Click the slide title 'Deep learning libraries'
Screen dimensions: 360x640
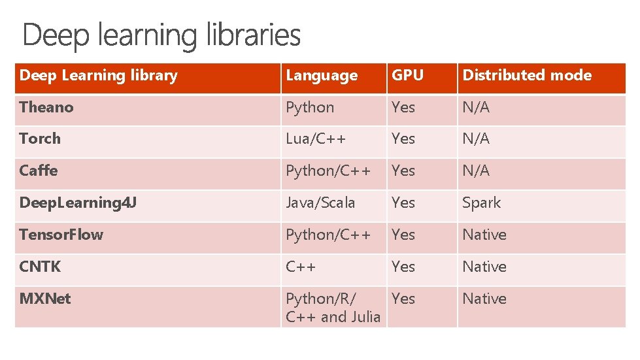click(161, 35)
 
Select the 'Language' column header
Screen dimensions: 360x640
click(322, 76)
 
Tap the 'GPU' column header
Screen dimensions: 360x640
click(407, 76)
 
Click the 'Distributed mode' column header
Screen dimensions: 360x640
click(527, 76)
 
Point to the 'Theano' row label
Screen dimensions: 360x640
click(46, 107)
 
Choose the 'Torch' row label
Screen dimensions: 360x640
click(40, 139)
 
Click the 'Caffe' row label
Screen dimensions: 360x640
click(39, 171)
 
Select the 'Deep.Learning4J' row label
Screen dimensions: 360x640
click(78, 203)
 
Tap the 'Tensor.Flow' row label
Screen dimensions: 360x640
click(61, 235)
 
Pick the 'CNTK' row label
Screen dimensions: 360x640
click(40, 267)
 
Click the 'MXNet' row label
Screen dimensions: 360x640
click(45, 299)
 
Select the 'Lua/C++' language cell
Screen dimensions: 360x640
click(316, 139)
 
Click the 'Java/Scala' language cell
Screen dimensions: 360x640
click(320, 203)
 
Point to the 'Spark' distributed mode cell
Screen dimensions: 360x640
click(481, 203)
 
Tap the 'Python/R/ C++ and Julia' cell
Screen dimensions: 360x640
click(333, 308)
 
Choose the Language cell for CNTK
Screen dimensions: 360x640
click(301, 267)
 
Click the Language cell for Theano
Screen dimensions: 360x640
click(310, 107)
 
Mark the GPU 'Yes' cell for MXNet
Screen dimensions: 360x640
click(403, 299)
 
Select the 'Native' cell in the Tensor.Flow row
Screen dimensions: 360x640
click(484, 235)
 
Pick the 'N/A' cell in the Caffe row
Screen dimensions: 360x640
click(476, 171)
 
